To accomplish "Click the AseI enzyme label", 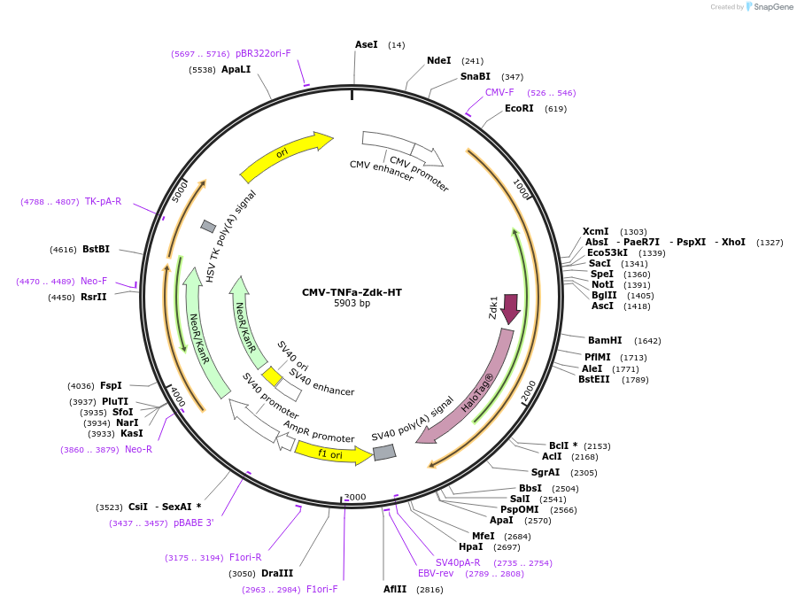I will click(366, 44).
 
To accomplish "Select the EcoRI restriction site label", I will click(519, 108).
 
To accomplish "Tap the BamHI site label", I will click(605, 340).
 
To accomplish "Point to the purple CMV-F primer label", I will click(499, 92).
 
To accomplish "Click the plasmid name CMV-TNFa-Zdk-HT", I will click(352, 292).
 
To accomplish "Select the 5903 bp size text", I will click(352, 304).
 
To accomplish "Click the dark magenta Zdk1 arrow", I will click(510, 308).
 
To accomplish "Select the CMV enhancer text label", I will click(381, 170).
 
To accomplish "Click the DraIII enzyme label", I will click(276, 573).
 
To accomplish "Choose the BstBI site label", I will click(96, 249).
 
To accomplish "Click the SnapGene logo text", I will click(772, 7).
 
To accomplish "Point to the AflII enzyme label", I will click(395, 589).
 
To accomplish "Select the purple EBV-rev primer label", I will click(436, 573).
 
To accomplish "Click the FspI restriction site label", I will click(111, 385).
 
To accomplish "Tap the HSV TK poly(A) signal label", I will click(232, 236).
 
